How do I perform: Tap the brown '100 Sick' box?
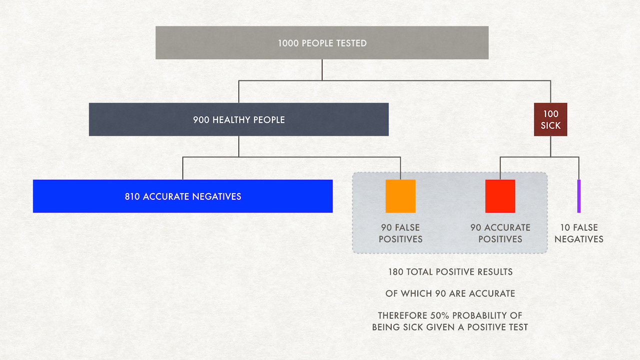click(x=550, y=119)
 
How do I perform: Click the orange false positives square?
click(x=400, y=196)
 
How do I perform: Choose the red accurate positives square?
click(x=500, y=196)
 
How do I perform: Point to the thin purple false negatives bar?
click(x=578, y=196)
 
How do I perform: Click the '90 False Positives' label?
click(x=400, y=233)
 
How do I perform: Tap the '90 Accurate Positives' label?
click(x=500, y=233)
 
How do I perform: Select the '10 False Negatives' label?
click(x=578, y=233)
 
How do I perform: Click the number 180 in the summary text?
click(x=395, y=272)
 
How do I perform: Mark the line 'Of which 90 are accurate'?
click(x=450, y=293)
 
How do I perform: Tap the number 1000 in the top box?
click(x=288, y=43)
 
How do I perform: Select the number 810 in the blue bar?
click(x=132, y=196)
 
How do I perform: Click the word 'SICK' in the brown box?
click(x=550, y=125)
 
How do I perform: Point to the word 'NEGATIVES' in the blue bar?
click(x=217, y=196)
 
